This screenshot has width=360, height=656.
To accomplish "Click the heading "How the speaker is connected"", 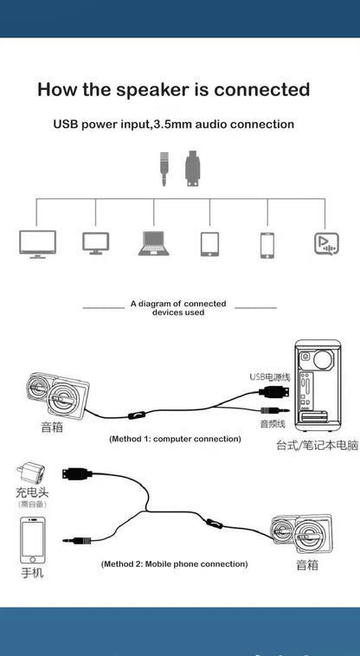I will [173, 89].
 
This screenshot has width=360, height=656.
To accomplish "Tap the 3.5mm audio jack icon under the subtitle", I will [163, 170].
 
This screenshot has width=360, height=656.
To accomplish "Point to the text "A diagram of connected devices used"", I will [178, 308].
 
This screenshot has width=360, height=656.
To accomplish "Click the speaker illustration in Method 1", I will [52, 395].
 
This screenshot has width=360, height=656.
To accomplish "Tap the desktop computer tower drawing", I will [320, 385].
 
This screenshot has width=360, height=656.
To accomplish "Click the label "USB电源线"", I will [267, 376].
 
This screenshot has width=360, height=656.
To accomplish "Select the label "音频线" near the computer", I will [273, 424].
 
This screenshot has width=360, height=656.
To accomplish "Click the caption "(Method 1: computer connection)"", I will [175, 439].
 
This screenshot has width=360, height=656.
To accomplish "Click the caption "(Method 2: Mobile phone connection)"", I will [174, 563].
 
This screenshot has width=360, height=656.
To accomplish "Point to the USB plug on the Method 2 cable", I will [74, 473].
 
